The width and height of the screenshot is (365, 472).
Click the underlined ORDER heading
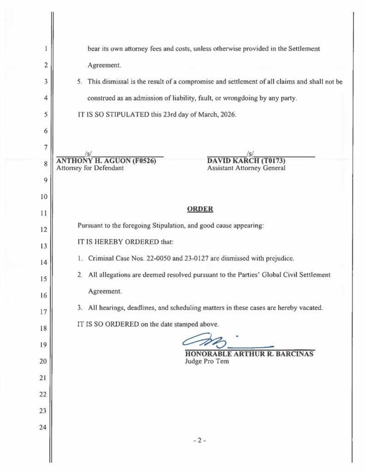pos(200,209)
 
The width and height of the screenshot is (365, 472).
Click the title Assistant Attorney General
pos(246,168)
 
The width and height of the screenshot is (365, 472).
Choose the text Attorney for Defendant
pos(90,168)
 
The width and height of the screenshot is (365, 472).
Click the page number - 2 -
pos(199,440)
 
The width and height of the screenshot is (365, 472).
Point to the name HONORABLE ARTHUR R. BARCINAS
pos(249,354)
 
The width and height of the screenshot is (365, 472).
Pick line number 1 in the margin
pos(46,48)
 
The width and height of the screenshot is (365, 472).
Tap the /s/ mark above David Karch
pos(249,153)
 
